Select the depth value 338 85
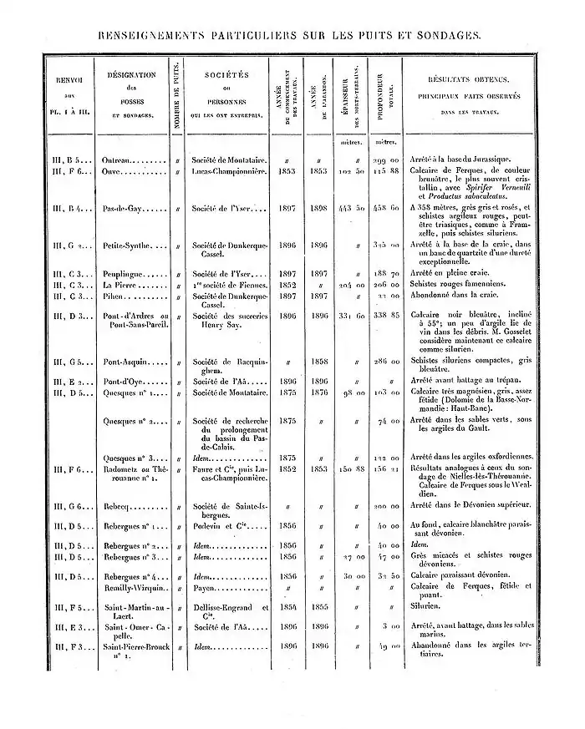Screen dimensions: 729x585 [385, 316]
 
